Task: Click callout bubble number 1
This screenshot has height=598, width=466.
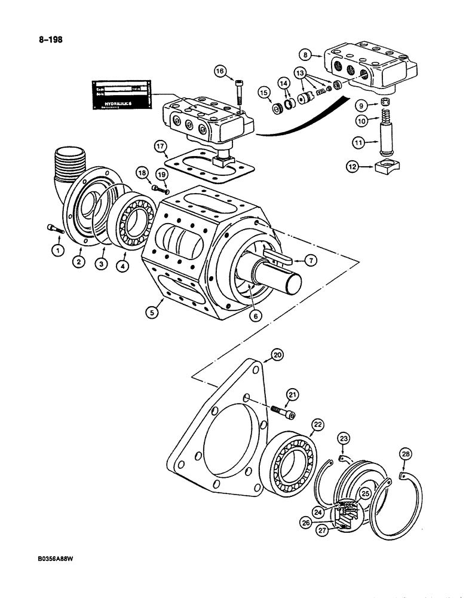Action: (57, 251)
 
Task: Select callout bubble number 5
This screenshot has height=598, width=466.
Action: (154, 312)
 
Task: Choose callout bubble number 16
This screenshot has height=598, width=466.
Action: (220, 72)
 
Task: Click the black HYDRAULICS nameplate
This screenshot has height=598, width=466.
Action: (121, 95)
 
